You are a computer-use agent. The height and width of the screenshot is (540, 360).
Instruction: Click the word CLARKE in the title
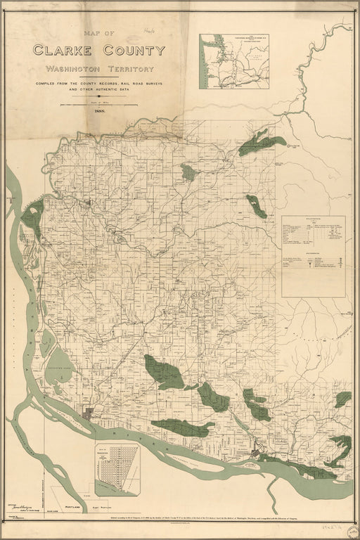(x=63, y=50)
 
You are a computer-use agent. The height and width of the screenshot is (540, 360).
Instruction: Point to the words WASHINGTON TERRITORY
(x=98, y=69)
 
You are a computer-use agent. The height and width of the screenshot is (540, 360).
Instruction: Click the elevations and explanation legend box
(x=314, y=256)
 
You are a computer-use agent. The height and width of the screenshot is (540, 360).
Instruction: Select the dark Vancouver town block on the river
(x=89, y=413)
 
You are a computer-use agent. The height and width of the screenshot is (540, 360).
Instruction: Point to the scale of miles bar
(x=98, y=104)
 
